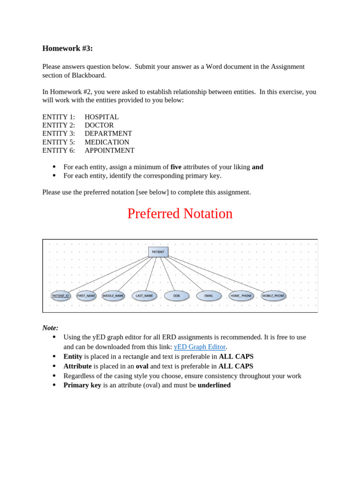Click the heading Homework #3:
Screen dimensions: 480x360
(67, 48)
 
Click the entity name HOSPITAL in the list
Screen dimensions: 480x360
(101, 117)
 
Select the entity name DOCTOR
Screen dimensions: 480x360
(99, 125)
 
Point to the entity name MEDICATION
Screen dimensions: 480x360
(107, 142)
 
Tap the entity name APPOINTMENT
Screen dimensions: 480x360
(109, 150)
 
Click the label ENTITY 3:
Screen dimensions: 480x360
(59, 134)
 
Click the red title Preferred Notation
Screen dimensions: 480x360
(180, 214)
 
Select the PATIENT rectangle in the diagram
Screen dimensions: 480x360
(158, 252)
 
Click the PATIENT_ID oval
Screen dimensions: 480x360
(60, 296)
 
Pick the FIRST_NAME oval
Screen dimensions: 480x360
(86, 296)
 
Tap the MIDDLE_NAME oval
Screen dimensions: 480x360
(113, 296)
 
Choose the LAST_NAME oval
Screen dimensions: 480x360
(144, 296)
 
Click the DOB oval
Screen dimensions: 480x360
(177, 296)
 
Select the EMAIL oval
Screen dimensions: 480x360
(209, 296)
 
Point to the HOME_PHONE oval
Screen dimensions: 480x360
(241, 296)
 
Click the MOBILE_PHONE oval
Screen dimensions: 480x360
(273, 296)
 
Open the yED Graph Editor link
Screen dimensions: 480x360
(200, 347)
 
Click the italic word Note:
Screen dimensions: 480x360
(50, 328)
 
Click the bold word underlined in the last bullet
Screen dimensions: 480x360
(214, 385)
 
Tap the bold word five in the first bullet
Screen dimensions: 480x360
(176, 167)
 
